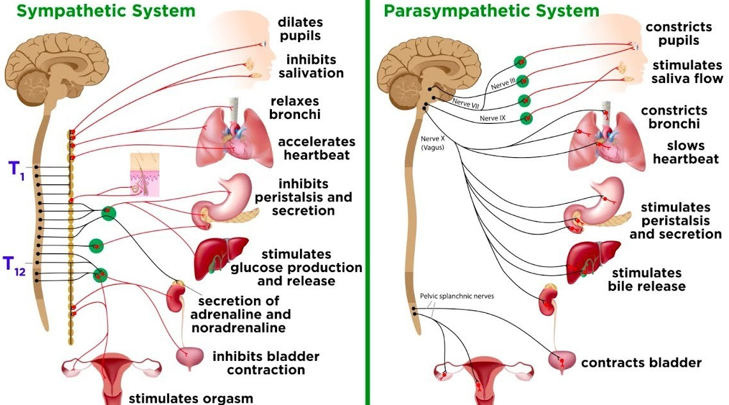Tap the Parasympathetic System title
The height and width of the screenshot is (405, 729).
[x=491, y=10]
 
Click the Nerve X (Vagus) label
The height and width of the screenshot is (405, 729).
[x=432, y=142]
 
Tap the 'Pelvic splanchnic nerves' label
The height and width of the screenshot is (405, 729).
[x=456, y=296]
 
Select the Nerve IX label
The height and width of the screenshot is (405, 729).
[x=492, y=118]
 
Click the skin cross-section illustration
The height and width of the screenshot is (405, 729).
[x=144, y=174]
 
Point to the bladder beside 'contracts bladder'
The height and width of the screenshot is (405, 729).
[x=562, y=362]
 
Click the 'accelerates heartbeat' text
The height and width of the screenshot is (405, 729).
[x=316, y=148]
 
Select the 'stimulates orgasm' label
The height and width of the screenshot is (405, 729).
[x=191, y=398]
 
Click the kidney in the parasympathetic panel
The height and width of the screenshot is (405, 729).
[x=547, y=301]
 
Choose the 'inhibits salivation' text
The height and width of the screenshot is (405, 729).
[x=311, y=66]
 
